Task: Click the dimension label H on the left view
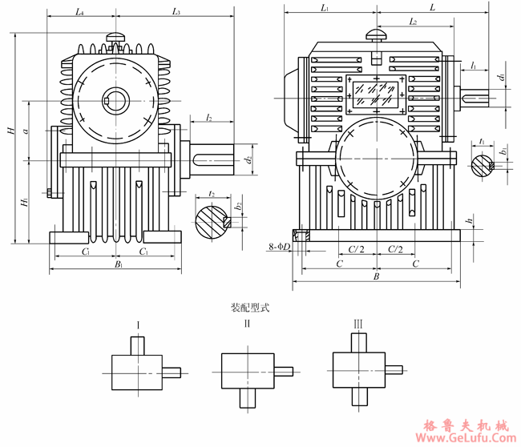tap(10, 130)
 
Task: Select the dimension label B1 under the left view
tap(118, 264)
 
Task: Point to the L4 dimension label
tap(79, 11)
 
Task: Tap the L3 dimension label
tap(176, 11)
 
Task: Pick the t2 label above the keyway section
tap(211, 194)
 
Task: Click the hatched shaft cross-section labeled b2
tap(213, 220)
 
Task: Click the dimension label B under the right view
tap(376, 276)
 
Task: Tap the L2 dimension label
tap(412, 22)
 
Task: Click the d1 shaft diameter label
tap(500, 78)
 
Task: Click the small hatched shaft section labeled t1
tap(483, 166)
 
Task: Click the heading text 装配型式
tap(250, 307)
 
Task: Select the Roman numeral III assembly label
tap(357, 324)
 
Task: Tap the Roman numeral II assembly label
tap(248, 324)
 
